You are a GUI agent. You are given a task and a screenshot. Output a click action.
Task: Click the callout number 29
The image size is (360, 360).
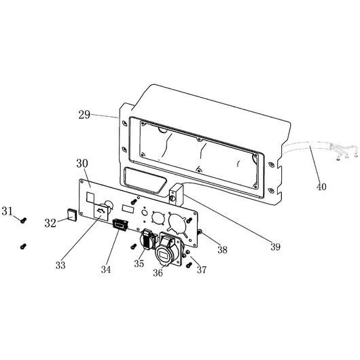84,115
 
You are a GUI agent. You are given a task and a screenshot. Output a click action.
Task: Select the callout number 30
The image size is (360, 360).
82,164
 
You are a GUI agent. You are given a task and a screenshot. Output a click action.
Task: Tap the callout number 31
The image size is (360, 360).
7,211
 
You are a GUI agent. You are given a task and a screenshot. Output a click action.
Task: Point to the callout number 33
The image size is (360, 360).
60,265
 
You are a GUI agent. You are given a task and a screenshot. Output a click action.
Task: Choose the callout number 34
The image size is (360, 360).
106,269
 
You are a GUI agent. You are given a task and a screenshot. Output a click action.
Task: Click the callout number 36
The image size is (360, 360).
158,273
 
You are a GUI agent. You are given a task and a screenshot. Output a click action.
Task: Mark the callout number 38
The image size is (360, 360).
223,249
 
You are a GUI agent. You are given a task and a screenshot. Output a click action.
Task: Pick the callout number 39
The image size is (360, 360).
275,247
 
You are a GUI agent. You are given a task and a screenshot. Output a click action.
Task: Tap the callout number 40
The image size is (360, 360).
321,187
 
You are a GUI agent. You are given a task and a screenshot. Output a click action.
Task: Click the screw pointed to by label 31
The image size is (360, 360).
23,220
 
